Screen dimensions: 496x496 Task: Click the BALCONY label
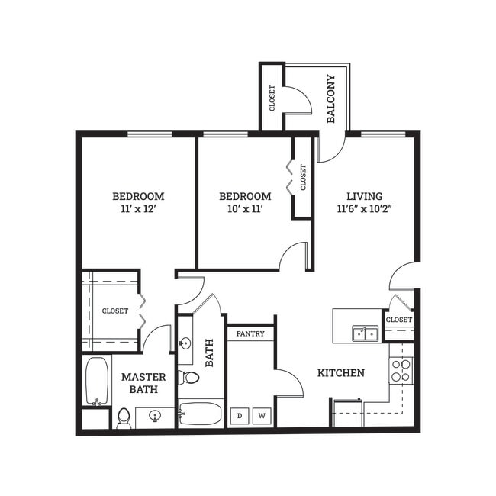coord(331,98)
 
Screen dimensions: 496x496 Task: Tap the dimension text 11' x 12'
coord(138,208)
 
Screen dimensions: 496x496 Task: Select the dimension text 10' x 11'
coord(245,208)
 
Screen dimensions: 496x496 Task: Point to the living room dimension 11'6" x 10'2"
coord(364,208)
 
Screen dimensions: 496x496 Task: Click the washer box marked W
coord(262,415)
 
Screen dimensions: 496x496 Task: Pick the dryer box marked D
coord(240,415)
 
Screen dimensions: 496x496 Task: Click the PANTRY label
coord(250,333)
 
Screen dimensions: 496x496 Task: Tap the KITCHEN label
coord(341,373)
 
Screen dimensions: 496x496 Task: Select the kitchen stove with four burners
coord(401,370)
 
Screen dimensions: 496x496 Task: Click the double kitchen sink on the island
coord(365,333)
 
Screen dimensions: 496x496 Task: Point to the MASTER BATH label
coord(143,383)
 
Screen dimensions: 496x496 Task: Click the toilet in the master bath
coord(124,417)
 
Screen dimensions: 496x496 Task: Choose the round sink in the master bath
coord(155,416)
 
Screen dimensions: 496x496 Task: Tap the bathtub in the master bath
coord(97,381)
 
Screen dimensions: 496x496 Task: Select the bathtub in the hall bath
coord(201,414)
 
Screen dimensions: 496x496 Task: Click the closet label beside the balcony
coord(271,97)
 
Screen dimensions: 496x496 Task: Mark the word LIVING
coord(364,195)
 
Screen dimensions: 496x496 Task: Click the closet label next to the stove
coord(398,319)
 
